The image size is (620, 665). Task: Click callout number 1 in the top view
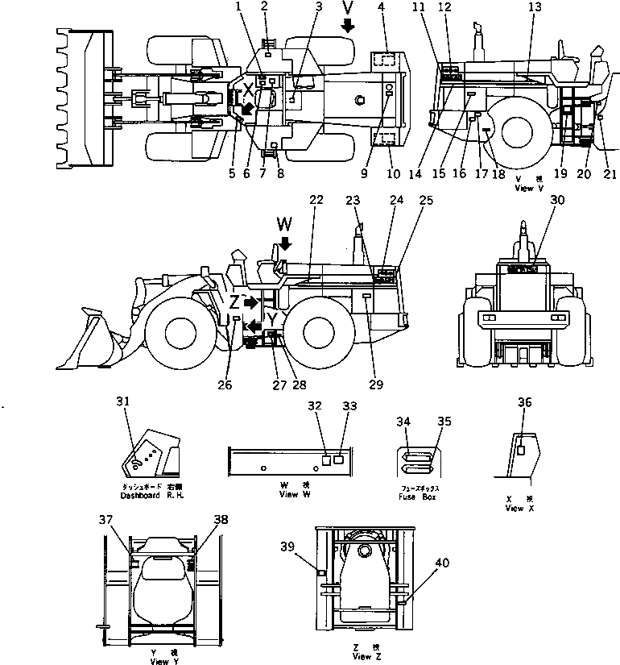point(238,7)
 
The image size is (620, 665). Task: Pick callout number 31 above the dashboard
point(121,401)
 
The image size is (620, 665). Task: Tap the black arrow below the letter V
point(347,26)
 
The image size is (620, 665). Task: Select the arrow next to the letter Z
point(252,302)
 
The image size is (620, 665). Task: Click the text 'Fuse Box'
point(417,497)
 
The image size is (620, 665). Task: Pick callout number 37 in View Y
point(106,520)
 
